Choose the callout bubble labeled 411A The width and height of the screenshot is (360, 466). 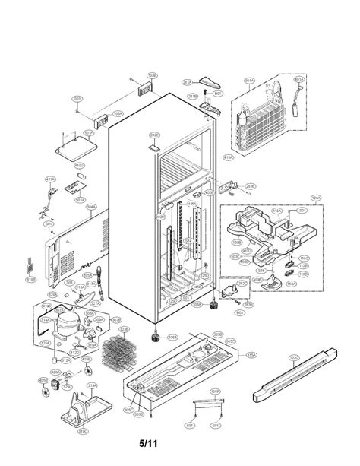click(x=50, y=180)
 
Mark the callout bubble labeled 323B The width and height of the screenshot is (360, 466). click(x=125, y=329)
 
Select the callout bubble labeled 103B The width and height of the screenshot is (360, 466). click(x=152, y=76)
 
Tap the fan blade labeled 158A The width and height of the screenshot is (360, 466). click(x=290, y=281)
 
